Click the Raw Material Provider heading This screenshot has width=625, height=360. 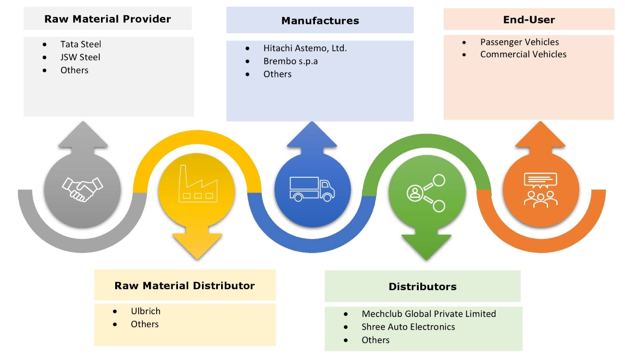click(x=108, y=19)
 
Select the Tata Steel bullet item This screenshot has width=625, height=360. click(x=81, y=44)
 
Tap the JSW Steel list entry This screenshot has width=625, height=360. click(x=80, y=57)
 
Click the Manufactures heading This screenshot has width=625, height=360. click(x=320, y=21)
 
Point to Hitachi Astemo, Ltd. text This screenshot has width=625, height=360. click(x=305, y=48)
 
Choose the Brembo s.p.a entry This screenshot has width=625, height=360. click(x=290, y=61)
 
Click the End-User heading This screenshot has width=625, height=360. click(x=528, y=20)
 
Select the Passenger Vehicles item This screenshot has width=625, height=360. click(x=519, y=42)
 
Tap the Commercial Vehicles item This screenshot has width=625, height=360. click(x=523, y=55)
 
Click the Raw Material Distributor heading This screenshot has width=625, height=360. click(x=184, y=285)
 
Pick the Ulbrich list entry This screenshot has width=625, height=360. click(x=145, y=311)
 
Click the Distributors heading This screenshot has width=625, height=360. click(x=422, y=286)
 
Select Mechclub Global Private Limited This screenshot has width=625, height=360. click(x=428, y=314)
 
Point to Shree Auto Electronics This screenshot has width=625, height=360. click(x=408, y=327)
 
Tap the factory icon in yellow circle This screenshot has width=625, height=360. click(x=197, y=187)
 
